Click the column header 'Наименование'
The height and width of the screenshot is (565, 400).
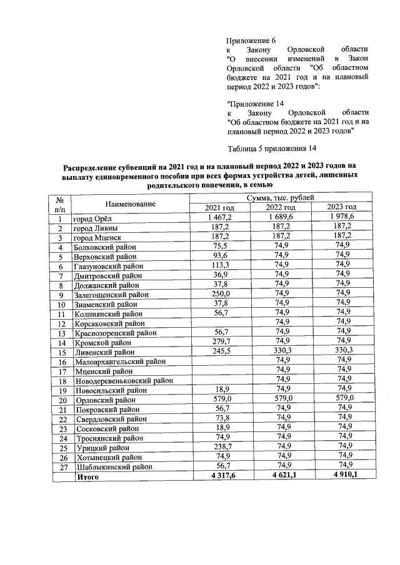(x=131, y=204)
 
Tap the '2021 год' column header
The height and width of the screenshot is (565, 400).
(x=219, y=208)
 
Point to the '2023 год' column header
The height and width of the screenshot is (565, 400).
(x=342, y=208)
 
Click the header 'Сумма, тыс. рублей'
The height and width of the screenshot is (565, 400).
(x=281, y=199)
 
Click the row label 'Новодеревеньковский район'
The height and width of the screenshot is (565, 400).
(x=124, y=381)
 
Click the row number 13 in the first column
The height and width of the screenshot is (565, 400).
(x=61, y=333)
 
